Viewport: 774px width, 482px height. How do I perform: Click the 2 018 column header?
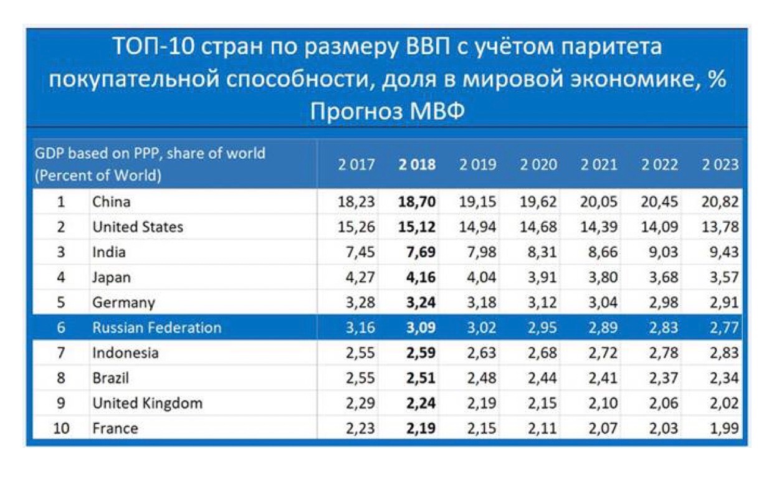coord(417,165)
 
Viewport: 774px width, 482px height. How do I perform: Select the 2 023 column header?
coord(720,165)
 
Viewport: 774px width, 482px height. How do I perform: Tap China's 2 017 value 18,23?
coord(357,202)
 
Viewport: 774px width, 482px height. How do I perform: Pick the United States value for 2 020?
coord(538,227)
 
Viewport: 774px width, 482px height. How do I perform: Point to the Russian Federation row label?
coord(156,328)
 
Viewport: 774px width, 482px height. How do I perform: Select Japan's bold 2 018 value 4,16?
coord(417,277)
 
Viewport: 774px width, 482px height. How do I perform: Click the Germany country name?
coord(123,303)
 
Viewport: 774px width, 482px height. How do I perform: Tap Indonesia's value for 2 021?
coord(599,353)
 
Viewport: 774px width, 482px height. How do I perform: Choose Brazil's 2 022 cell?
coord(659,378)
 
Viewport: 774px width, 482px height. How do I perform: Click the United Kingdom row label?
coord(147,404)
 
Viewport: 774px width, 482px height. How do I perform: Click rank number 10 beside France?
coord(61,428)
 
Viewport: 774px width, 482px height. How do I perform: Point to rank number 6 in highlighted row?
coord(61,328)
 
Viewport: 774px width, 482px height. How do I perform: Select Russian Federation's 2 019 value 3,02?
coord(478,328)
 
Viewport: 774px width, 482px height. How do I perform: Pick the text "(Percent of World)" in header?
coord(98,176)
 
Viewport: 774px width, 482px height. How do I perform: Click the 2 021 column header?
coord(599,165)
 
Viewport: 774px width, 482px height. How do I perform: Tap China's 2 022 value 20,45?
coord(659,202)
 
